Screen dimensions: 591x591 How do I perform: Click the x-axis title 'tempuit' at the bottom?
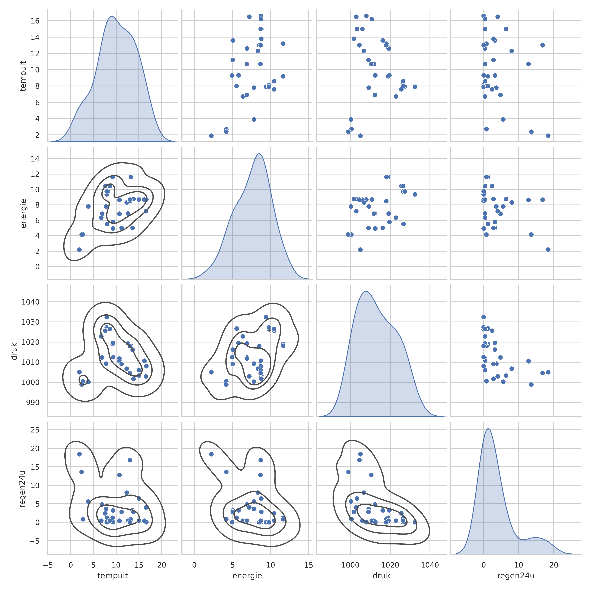point(113,576)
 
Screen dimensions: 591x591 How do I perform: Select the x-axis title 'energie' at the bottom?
point(247,576)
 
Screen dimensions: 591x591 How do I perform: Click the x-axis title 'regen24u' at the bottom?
point(516,576)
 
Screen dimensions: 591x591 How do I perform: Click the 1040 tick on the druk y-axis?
point(31,302)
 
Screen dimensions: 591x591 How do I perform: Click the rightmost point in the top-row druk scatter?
point(415,87)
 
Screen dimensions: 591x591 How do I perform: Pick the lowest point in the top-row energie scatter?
point(211,135)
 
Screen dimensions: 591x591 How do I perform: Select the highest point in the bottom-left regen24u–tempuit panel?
point(79,454)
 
